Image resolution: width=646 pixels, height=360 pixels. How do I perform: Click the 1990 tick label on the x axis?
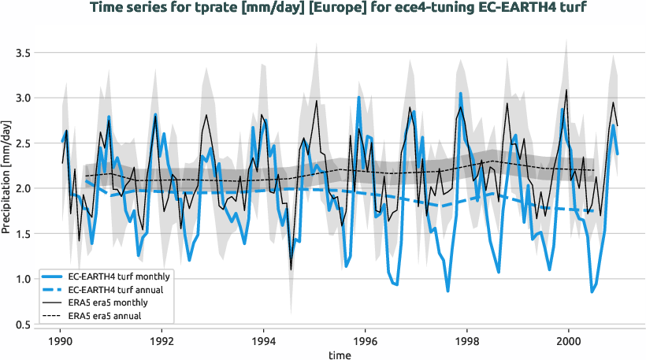tap(61, 342)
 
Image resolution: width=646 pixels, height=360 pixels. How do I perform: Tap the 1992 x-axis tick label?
tap(162, 342)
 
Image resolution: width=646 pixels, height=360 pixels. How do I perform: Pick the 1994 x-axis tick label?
tap(264, 342)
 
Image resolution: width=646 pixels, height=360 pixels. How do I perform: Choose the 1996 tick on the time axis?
tap(366, 342)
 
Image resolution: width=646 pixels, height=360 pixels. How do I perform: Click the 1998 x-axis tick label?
tap(467, 342)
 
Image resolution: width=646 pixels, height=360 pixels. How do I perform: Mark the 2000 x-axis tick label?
tap(569, 342)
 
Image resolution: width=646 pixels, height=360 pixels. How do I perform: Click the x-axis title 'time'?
tap(340, 355)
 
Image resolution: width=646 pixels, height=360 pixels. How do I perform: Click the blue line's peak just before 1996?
tap(358, 98)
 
